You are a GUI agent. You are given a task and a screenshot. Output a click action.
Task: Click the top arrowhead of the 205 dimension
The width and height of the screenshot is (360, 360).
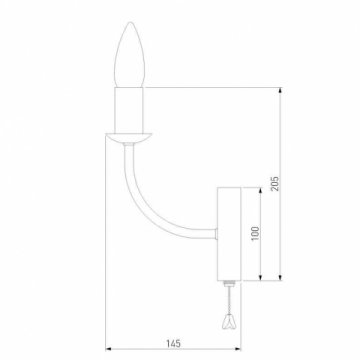pos(278,93)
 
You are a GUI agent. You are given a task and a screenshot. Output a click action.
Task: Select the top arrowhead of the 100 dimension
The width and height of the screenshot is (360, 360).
pos(262,189)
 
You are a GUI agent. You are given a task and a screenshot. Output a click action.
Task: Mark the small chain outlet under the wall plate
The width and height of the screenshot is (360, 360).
pos(227,282)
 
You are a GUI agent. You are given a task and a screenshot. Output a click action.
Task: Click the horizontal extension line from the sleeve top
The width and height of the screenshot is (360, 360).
pos(210,89)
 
